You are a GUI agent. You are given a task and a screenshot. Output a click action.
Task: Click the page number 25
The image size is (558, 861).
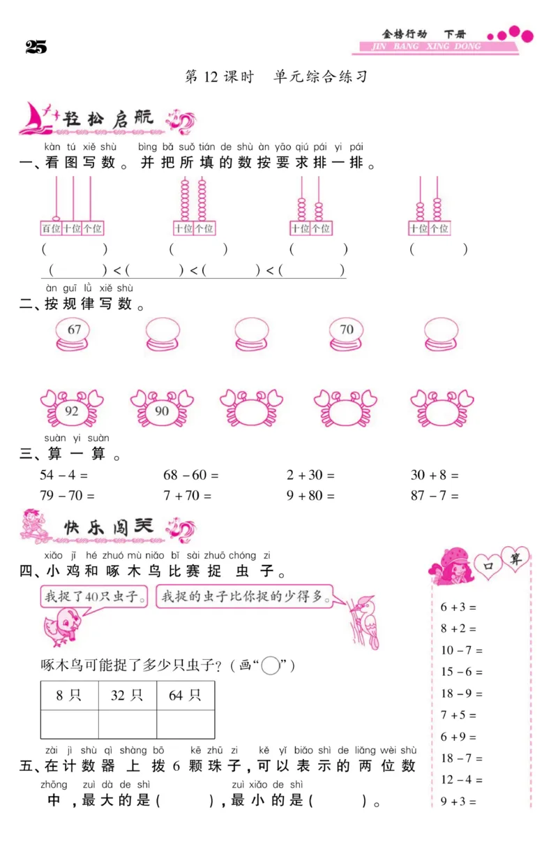36,47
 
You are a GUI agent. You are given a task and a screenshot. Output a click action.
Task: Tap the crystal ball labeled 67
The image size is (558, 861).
74,334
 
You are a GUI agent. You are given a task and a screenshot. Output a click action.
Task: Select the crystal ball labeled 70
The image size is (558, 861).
347,334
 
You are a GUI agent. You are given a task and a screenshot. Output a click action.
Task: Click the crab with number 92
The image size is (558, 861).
72,409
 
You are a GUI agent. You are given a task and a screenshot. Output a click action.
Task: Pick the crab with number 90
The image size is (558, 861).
162,409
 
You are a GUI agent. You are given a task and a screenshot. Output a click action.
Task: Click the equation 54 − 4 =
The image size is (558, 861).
64,475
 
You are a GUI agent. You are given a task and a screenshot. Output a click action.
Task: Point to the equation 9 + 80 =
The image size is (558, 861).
310,496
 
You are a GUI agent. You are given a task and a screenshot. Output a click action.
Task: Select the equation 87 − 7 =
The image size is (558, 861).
435,496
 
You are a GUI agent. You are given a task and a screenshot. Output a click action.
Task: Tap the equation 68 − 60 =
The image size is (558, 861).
190,475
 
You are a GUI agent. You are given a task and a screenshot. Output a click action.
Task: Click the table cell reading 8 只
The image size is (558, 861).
69,695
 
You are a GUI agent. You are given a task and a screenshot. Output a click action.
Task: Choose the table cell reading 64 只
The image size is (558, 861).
185,695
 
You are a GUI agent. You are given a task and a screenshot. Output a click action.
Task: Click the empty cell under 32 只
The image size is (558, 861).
127,724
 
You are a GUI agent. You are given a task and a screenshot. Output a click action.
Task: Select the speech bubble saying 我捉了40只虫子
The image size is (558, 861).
95,597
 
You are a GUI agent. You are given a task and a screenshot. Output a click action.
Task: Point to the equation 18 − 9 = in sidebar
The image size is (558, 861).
461,693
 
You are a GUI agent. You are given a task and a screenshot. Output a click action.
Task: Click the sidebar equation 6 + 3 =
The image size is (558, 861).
458,607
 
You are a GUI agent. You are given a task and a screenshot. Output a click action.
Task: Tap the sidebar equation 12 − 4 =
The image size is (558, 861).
461,779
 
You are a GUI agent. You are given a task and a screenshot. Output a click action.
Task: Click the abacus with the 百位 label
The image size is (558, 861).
72,207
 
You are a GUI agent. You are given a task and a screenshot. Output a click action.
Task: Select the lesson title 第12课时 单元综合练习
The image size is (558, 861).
276,77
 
